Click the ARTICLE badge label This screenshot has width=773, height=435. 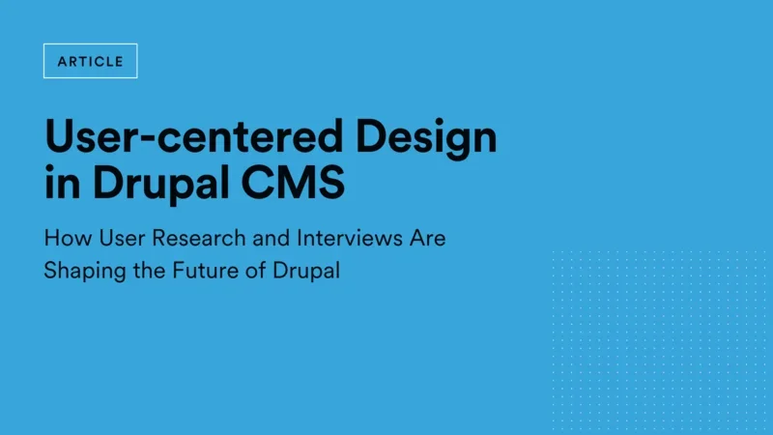click(x=90, y=61)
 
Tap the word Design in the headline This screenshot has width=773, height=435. click(x=426, y=138)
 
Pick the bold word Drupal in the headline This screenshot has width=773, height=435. click(x=160, y=183)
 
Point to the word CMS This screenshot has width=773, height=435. click(x=293, y=182)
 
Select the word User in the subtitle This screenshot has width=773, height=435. click(x=123, y=238)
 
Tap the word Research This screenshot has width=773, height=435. click(x=199, y=238)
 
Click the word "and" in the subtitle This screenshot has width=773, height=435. click(x=272, y=238)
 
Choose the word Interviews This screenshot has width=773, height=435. click(x=350, y=238)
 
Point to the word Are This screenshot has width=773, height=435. click(x=427, y=238)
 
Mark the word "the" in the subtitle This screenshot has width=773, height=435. click(x=149, y=271)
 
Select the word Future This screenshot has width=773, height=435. click(x=205, y=271)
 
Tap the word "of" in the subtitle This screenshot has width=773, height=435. click(x=255, y=271)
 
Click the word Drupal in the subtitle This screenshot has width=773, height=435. click(x=306, y=272)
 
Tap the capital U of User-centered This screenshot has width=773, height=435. click(x=59, y=136)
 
